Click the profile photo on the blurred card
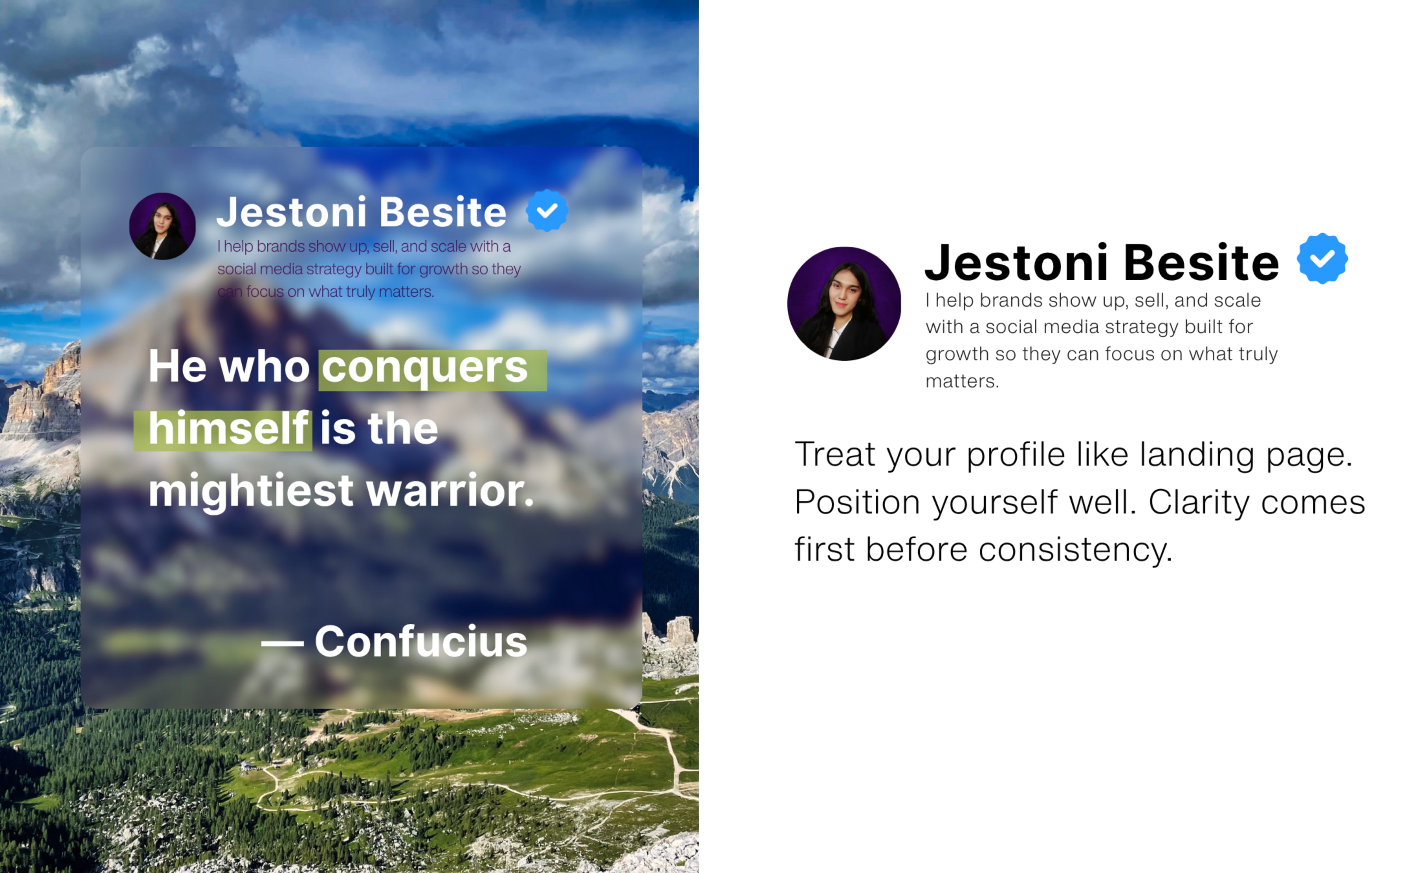coord(162,226)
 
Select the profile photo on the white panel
coord(844,304)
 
